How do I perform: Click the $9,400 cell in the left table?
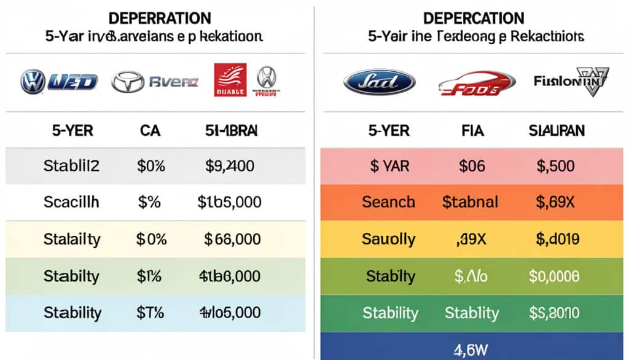click(230, 166)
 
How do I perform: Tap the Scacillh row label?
click(72, 202)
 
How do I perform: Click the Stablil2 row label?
click(72, 166)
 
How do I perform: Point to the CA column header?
click(150, 130)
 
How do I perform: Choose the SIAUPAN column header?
click(557, 130)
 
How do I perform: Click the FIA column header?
click(472, 130)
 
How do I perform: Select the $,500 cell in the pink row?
click(555, 166)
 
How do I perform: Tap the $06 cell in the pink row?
click(472, 166)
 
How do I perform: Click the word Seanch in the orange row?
click(389, 202)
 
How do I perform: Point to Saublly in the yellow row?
click(389, 239)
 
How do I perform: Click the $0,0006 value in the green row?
click(555, 276)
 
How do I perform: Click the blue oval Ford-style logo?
click(379, 82)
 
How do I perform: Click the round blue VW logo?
click(32, 81)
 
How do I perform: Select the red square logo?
click(230, 80)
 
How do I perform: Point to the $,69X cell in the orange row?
click(555, 202)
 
